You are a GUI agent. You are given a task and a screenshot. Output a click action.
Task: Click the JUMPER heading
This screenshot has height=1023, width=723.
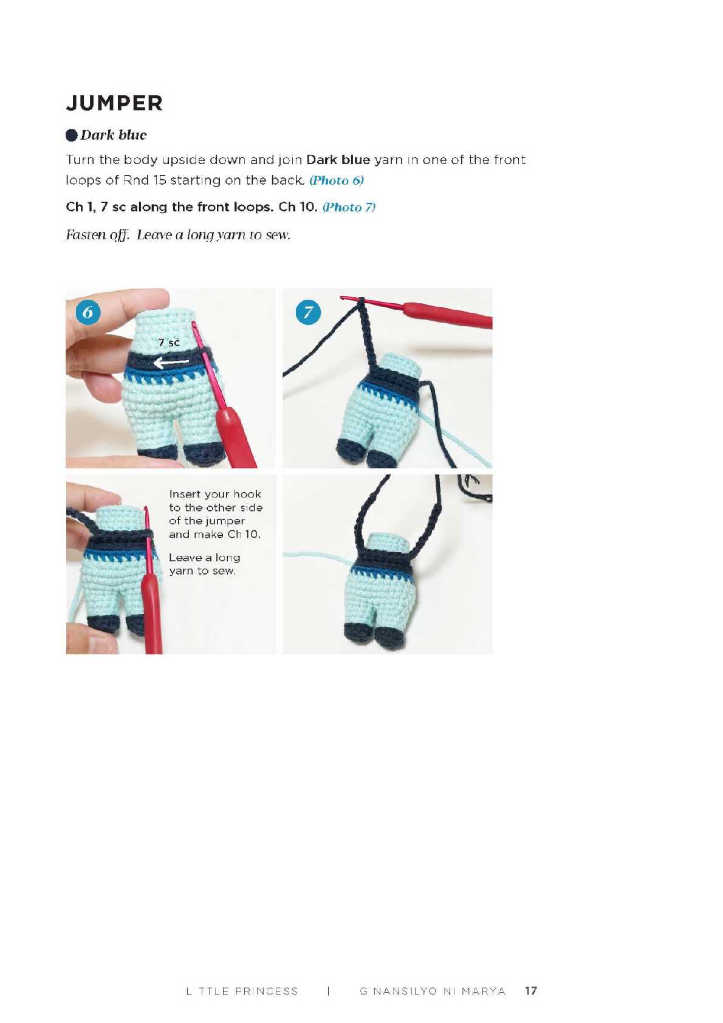(114, 103)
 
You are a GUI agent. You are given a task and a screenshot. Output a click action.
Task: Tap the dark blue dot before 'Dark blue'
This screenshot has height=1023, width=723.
(72, 135)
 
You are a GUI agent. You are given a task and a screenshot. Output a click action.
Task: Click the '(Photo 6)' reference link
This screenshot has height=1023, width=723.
(337, 180)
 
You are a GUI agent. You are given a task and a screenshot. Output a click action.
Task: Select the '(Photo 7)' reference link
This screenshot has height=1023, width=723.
(349, 207)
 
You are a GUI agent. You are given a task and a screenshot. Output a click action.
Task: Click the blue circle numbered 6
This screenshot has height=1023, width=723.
(87, 312)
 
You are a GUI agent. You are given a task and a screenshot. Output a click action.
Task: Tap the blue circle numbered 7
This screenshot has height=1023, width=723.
(308, 312)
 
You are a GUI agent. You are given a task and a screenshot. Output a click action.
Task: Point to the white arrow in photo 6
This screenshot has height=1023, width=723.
(171, 363)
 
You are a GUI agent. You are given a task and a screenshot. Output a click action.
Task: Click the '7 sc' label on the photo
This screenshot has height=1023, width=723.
(169, 343)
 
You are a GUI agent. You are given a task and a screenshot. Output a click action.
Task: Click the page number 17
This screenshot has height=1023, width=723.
(531, 991)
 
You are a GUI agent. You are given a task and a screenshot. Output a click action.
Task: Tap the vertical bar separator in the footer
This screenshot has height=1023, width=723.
(328, 991)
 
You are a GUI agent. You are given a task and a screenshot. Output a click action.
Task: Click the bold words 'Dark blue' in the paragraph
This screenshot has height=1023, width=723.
(338, 160)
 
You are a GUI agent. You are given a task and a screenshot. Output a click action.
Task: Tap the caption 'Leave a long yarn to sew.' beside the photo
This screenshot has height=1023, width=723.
(204, 564)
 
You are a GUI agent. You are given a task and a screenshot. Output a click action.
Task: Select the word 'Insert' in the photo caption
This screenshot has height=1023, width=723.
(184, 494)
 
